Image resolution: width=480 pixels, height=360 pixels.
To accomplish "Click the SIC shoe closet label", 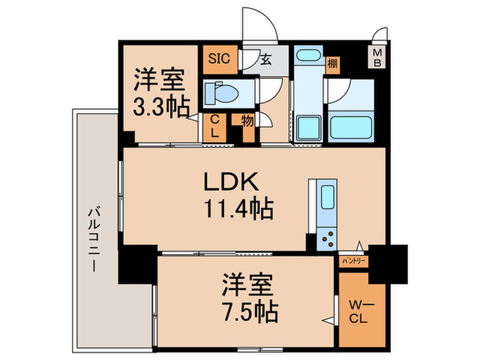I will [x=219, y=58].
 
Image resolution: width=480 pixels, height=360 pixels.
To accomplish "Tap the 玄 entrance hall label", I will [x=265, y=60].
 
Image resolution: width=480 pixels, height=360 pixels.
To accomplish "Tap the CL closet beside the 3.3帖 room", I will [x=215, y=127].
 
